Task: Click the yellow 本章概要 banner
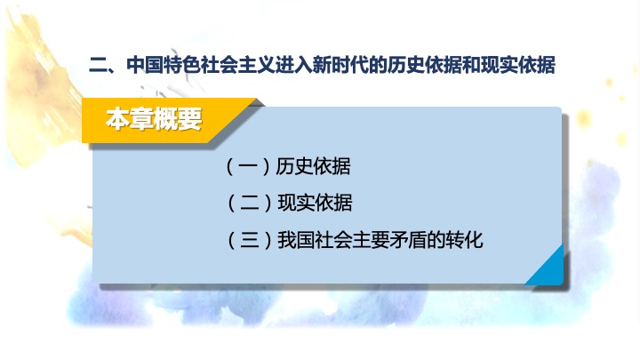coord(164,120)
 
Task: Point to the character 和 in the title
coord(471,65)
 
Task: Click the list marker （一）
coord(248,166)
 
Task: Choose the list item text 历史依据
coord(313,166)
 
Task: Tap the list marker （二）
coord(250,203)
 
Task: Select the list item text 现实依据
coord(315,203)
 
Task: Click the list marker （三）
coord(250,240)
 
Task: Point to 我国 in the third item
coord(296,240)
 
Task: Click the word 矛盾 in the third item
coord(408,240)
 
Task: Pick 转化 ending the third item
coord(465,240)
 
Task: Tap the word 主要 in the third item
coord(371,240)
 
